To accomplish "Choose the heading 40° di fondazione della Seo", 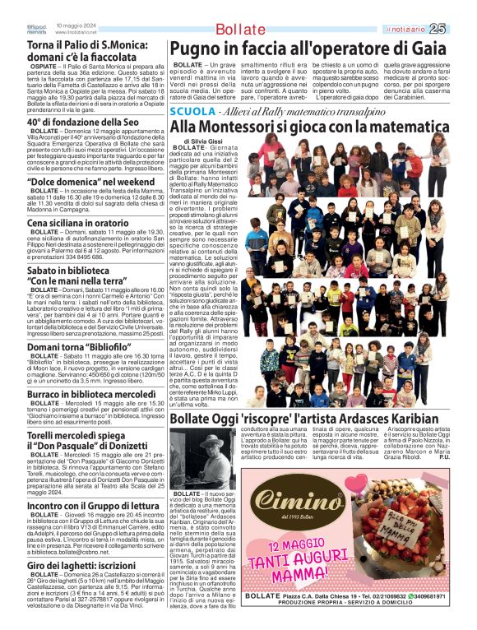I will (82, 123).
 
